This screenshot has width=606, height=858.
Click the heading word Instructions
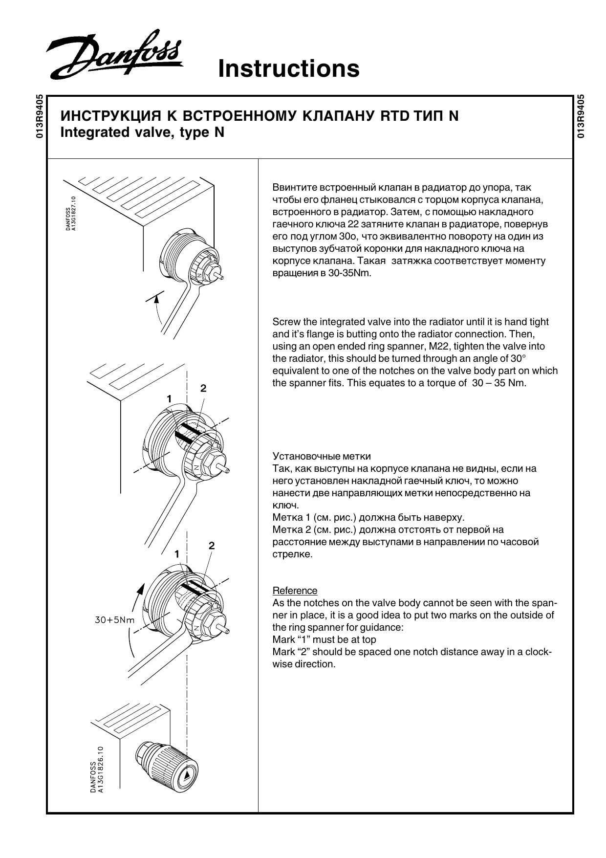coord(288,68)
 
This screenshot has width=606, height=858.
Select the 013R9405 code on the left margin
coord(40,116)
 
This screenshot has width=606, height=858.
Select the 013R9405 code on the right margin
coord(580,116)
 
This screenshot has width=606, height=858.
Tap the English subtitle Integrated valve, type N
coord(142,132)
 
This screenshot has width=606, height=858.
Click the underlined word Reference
coord(295,591)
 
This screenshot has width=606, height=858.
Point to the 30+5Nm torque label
coord(114,620)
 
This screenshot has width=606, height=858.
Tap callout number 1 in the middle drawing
coord(169,399)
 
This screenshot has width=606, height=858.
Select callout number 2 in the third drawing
coord(212,546)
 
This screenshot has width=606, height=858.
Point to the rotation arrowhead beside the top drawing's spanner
coord(156,298)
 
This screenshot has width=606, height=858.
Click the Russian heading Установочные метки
coord(321,456)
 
